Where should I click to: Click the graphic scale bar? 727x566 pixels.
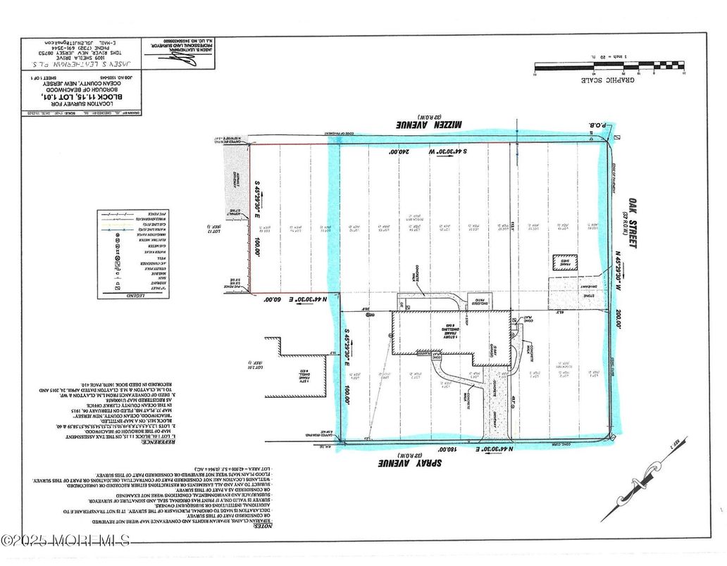tap(609, 68)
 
